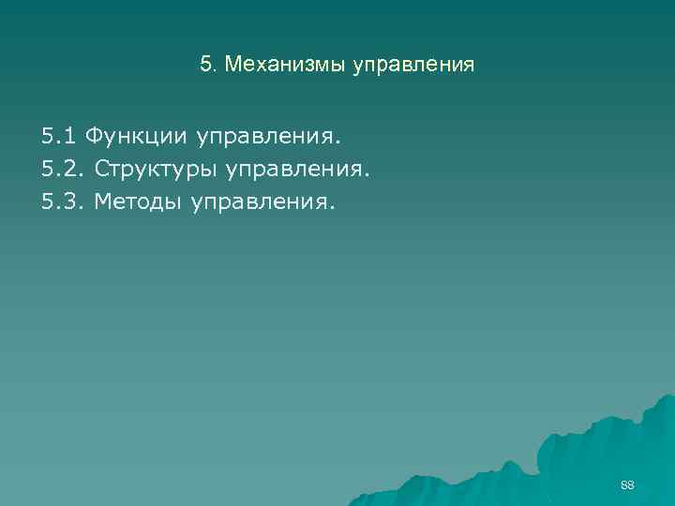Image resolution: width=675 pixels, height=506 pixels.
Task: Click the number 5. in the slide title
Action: point(208,66)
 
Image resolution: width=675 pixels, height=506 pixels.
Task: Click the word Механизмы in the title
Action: point(286,66)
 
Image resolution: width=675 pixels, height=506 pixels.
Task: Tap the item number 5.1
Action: point(59,138)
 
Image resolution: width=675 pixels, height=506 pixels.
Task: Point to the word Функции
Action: point(138,138)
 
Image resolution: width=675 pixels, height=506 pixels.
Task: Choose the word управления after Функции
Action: point(266,139)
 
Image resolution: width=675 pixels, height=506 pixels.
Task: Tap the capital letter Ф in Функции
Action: point(94,138)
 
